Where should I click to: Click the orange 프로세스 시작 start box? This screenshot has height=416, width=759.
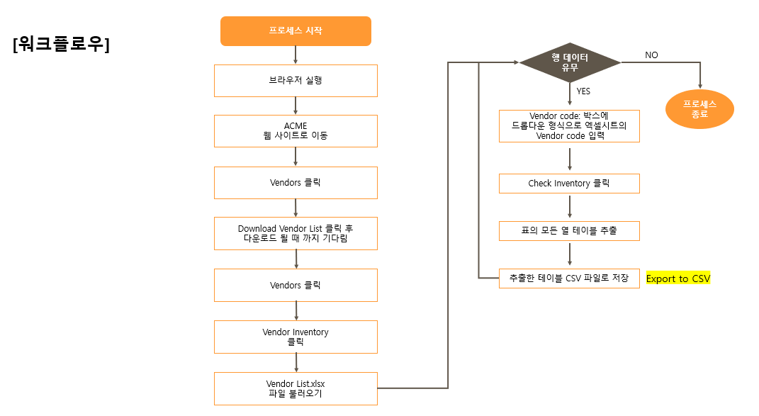pyautogui.click(x=296, y=31)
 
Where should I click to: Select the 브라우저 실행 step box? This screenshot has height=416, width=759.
pyautogui.click(x=296, y=81)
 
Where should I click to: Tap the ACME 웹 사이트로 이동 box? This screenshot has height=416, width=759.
pyautogui.click(x=296, y=130)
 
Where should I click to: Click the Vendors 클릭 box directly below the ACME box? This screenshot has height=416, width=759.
pyautogui.click(x=296, y=183)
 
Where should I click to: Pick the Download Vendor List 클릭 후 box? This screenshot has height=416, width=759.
pyautogui.click(x=296, y=233)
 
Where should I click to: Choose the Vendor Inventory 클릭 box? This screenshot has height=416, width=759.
pyautogui.click(x=296, y=337)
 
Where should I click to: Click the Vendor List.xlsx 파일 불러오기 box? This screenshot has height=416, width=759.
pyautogui.click(x=296, y=388)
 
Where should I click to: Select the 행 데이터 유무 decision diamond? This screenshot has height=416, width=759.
pyautogui.click(x=570, y=63)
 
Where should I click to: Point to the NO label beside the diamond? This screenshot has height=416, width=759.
pyautogui.click(x=651, y=55)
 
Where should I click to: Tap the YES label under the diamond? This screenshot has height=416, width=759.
pyautogui.click(x=583, y=91)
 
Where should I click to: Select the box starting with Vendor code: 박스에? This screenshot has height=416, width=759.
pyautogui.click(x=569, y=126)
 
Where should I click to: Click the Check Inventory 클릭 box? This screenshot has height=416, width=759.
pyautogui.click(x=569, y=184)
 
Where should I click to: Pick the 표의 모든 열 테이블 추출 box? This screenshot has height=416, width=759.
pyautogui.click(x=569, y=231)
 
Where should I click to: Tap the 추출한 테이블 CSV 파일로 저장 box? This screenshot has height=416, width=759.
pyautogui.click(x=569, y=278)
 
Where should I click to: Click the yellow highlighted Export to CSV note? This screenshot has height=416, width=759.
pyautogui.click(x=678, y=279)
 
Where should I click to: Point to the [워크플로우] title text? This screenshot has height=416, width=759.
pyautogui.click(x=61, y=45)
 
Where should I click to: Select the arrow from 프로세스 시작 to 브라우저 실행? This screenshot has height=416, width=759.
pyautogui.click(x=296, y=55)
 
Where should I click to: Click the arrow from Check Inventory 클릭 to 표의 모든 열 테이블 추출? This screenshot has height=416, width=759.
pyautogui.click(x=570, y=207)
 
